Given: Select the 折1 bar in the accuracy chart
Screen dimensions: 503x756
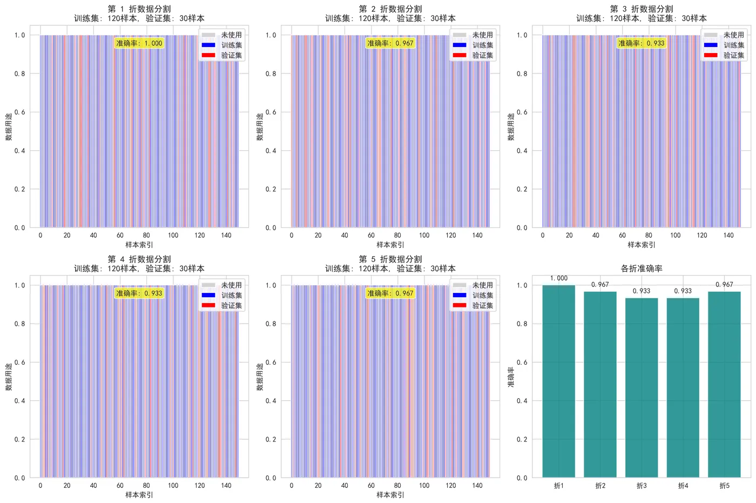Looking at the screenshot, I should click(x=559, y=381).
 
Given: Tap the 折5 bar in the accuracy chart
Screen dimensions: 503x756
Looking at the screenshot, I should click(x=724, y=384).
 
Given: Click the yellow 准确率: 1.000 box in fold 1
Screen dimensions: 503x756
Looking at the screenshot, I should click(x=139, y=43).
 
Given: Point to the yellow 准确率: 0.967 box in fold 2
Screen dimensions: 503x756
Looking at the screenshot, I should click(x=390, y=43).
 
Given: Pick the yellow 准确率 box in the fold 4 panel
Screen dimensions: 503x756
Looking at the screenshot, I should click(x=139, y=293).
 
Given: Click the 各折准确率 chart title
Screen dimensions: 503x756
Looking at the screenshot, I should click(x=642, y=269).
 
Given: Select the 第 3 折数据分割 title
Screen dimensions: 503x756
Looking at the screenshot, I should click(x=642, y=9).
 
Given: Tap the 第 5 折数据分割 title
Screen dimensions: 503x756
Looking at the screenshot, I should click(x=390, y=259).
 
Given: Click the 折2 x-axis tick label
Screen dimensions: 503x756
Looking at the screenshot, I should click(x=600, y=486).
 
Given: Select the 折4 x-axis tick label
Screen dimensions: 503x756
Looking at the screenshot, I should click(x=683, y=486).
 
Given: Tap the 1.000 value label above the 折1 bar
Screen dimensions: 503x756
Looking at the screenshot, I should click(x=559, y=278).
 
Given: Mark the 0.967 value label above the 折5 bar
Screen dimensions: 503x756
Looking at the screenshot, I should click(x=724, y=285).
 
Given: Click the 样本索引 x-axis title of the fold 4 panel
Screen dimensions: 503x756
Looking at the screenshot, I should click(x=139, y=495).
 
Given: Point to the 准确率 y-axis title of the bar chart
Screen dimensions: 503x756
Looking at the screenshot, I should click(x=511, y=377).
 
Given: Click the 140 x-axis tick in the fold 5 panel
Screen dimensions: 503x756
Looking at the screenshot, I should click(x=477, y=486).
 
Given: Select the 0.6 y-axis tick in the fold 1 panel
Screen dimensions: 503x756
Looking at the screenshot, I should click(x=20, y=112).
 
